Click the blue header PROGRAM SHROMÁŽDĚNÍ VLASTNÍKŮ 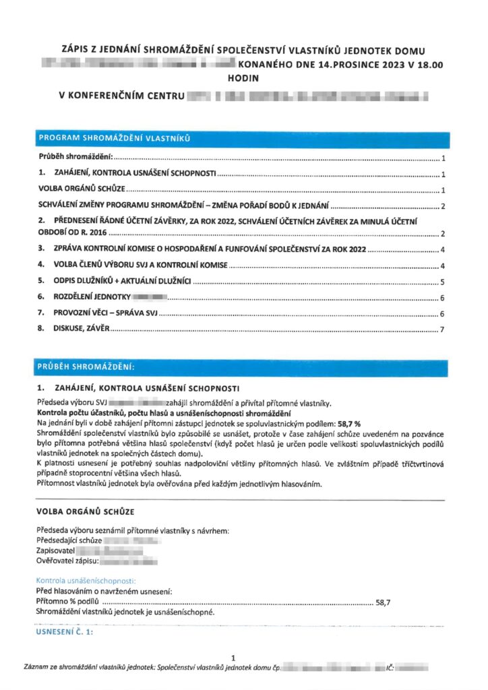coord(115,139)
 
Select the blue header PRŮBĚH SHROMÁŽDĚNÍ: coord(86,367)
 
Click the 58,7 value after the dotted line coord(383,602)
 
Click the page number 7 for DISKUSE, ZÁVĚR coord(441,330)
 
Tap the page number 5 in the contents coord(441,282)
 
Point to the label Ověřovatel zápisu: coord(67,561)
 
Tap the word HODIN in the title coord(243,78)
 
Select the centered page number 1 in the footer coord(233,658)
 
